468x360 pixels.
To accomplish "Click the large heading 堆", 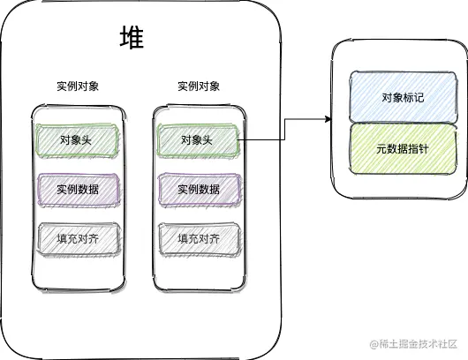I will coord(132,39).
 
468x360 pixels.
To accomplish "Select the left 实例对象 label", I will coord(77,86).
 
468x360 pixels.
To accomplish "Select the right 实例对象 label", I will coord(199,86).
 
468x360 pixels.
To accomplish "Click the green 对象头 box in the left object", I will coord(77,140).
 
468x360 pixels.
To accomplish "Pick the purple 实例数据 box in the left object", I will coord(77,190).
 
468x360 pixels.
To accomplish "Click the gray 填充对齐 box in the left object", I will coord(77,238).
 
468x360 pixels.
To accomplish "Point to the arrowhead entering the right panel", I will coord(326,118).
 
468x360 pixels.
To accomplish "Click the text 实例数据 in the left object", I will coord(77,190).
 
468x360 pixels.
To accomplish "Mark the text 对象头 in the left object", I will coord(76,140).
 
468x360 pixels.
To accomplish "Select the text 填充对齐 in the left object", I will coord(77,238).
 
